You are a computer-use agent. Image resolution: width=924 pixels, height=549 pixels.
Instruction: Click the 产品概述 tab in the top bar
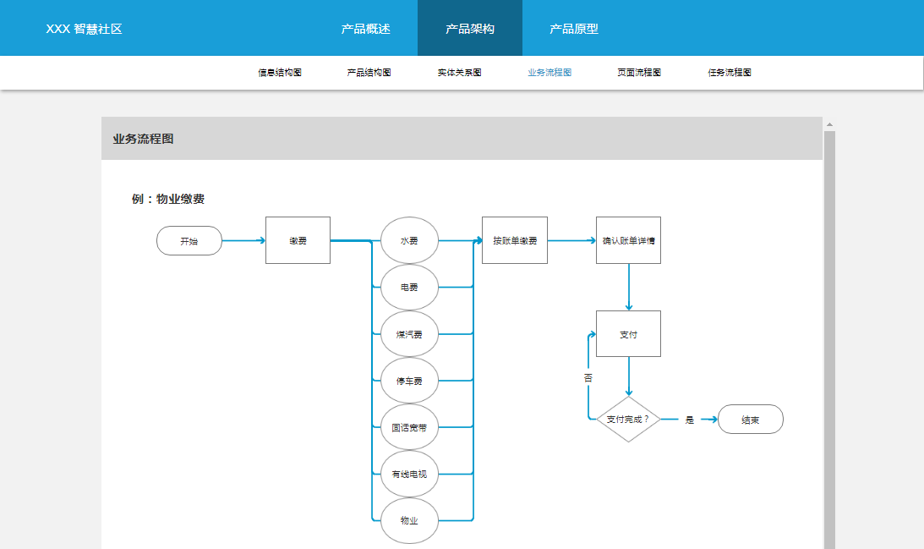[x=365, y=29]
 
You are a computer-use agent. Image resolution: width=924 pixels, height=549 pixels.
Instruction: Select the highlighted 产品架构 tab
[x=470, y=28]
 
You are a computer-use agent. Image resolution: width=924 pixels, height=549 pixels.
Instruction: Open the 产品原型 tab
[x=574, y=29]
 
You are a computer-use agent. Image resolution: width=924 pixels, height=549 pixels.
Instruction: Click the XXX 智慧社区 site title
[x=84, y=29]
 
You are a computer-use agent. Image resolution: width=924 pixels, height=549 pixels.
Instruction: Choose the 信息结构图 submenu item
[x=280, y=73]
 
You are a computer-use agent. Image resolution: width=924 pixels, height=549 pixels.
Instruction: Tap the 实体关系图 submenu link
[x=460, y=73]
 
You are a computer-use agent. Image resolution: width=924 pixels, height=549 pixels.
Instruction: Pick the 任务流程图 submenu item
[x=730, y=73]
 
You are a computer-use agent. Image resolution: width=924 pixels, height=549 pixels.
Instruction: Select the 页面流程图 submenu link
[x=639, y=73]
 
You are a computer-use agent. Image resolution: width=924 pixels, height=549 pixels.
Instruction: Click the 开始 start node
[x=189, y=240]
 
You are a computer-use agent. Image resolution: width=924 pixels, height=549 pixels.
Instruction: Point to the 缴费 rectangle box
[x=298, y=240]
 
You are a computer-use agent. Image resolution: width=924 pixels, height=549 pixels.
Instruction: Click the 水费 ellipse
[x=409, y=240]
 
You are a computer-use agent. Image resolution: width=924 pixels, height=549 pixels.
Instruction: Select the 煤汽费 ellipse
[x=409, y=334]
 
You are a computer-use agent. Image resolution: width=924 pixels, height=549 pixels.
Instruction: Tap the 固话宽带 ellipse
[x=409, y=427]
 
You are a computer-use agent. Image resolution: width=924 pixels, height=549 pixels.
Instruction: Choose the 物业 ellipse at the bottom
[x=409, y=521]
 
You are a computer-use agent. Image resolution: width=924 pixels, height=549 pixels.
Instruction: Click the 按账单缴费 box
[x=515, y=240]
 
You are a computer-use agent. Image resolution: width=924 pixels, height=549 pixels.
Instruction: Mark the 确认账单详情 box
[x=628, y=240]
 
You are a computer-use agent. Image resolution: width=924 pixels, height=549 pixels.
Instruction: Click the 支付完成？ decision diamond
[x=628, y=420]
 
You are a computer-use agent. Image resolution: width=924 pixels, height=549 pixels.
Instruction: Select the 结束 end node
[x=750, y=420]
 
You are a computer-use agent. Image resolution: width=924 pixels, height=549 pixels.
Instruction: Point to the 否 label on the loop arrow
[x=588, y=377]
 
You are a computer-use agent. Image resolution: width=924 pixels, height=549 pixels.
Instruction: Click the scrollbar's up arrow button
[x=829, y=124]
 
